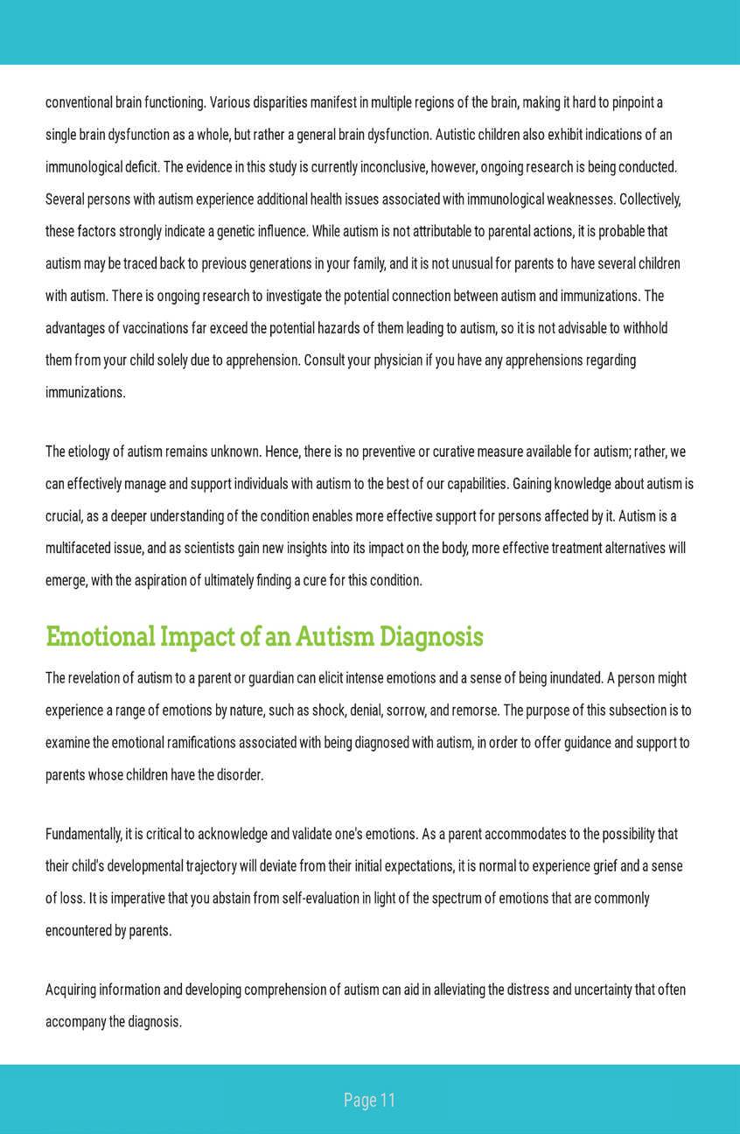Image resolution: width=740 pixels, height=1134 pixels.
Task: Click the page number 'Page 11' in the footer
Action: [369, 1100]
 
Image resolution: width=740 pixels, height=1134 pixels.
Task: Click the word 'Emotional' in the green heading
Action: [100, 637]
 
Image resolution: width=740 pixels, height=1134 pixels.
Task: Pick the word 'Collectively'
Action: [649, 199]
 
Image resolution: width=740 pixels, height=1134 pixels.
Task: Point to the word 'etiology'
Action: [90, 452]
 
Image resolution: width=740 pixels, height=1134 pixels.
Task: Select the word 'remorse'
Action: [476, 710]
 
